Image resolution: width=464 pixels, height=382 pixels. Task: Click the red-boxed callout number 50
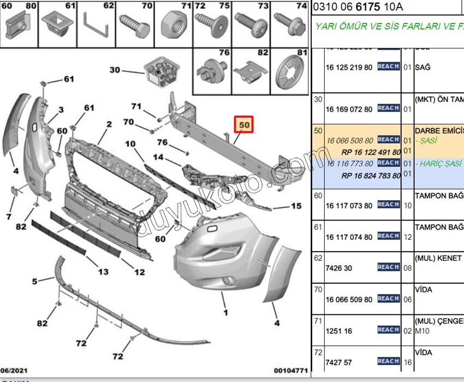(x=244, y=125)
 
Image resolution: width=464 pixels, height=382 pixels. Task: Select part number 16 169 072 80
(x=349, y=109)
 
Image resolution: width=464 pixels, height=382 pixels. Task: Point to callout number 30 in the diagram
(x=115, y=70)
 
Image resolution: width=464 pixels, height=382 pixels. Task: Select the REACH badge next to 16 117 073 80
(x=388, y=204)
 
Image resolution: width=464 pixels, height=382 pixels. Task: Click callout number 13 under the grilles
(x=103, y=272)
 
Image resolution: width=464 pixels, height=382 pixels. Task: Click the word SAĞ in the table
(x=423, y=68)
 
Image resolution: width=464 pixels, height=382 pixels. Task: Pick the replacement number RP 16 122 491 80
(x=371, y=152)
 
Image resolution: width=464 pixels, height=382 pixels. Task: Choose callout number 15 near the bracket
(x=295, y=206)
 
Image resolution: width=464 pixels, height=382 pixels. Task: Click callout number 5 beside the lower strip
(x=35, y=282)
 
